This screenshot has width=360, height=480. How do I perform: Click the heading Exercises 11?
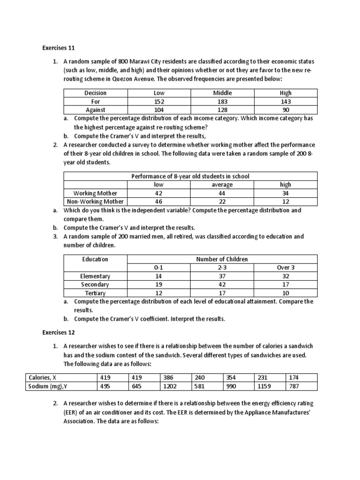click(59, 48)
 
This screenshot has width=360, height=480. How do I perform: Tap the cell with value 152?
click(159, 101)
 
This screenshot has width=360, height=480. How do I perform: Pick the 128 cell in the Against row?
click(222, 110)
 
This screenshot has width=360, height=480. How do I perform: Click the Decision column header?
click(95, 93)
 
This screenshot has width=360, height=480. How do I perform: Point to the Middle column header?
click(222, 93)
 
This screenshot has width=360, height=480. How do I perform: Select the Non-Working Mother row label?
click(96, 202)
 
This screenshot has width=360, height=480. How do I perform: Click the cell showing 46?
click(159, 202)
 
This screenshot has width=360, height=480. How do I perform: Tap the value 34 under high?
click(285, 193)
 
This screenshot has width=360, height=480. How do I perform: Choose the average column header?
click(222, 185)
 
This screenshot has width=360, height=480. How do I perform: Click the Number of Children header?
click(222, 259)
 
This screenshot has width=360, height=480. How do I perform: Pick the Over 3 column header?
click(285, 267)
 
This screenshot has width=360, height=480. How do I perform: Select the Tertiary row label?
click(95, 293)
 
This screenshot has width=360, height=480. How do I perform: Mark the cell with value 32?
click(285, 276)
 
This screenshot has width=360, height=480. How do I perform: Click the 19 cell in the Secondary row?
click(159, 285)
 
